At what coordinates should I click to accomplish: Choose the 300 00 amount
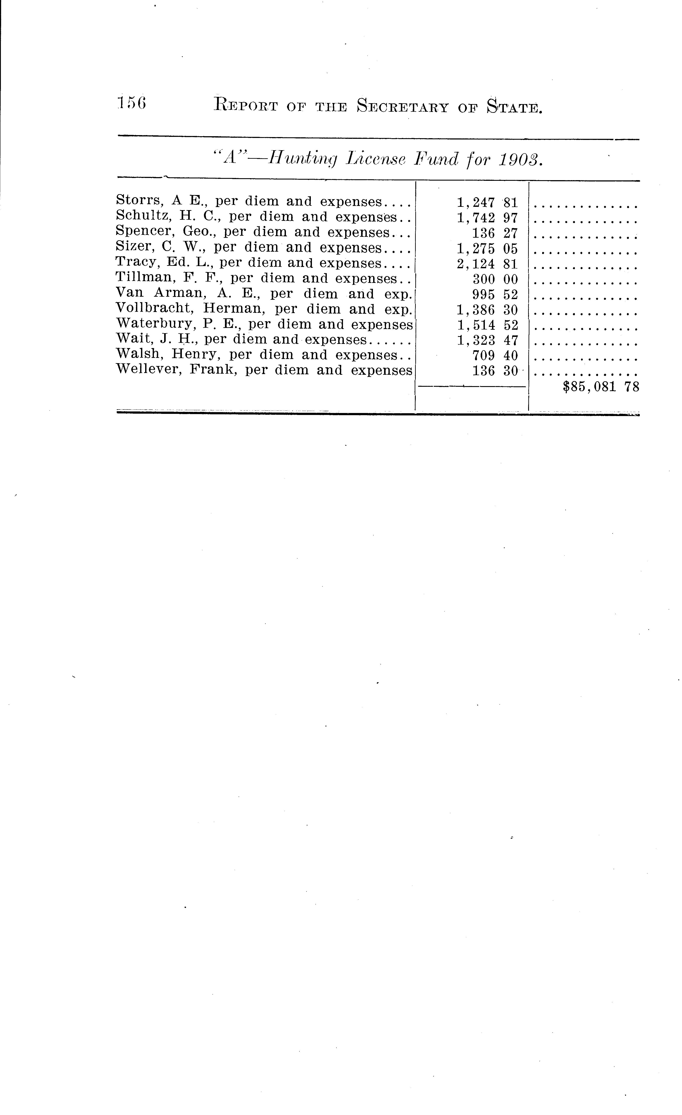point(495,279)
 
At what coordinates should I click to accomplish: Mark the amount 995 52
point(495,294)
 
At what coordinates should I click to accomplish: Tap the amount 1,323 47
point(487,340)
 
